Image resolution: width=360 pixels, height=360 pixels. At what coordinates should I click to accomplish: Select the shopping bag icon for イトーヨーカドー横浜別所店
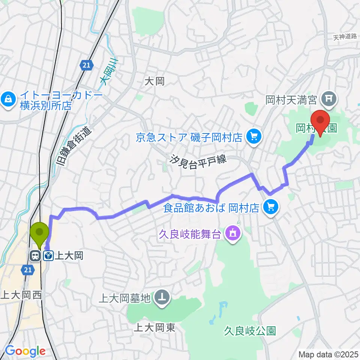click(x=7, y=99)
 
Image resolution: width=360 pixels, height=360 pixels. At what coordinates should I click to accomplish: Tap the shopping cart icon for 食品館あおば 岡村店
click(x=271, y=207)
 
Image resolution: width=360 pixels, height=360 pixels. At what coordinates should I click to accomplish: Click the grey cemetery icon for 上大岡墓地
click(x=162, y=298)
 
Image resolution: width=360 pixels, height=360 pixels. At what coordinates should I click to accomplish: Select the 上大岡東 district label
click(x=154, y=328)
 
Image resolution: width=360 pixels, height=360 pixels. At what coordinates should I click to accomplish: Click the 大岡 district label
click(x=154, y=81)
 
